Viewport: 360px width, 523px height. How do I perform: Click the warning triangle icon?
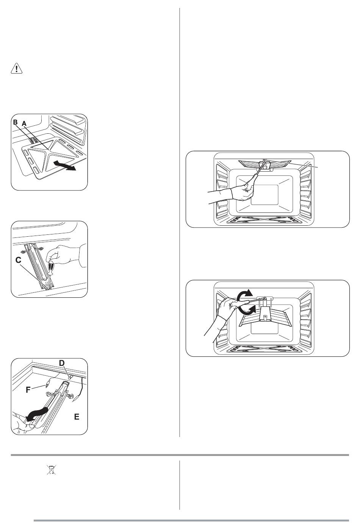(17, 69)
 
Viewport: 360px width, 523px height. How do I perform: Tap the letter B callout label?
(15, 122)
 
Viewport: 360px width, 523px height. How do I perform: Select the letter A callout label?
(24, 123)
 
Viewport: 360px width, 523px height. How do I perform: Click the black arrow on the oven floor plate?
(64, 165)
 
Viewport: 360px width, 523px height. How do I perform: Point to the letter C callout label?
(19, 260)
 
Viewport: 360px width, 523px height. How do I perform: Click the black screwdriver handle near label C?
(50, 268)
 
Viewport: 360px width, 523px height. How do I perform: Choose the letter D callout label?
(62, 363)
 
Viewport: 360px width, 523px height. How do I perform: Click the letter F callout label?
(28, 390)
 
